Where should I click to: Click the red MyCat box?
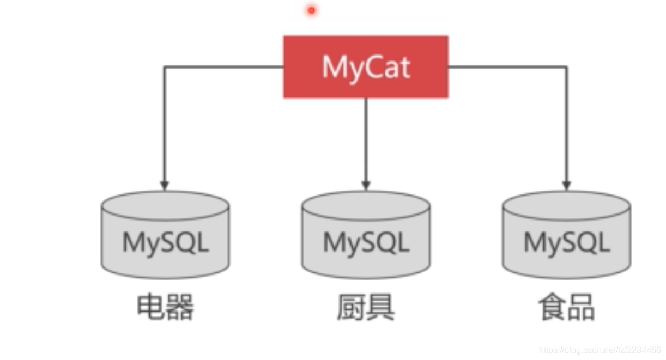366,67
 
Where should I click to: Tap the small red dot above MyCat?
312,10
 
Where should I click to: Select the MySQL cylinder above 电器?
165,234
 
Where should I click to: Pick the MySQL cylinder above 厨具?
366,234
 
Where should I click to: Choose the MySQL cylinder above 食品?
566,234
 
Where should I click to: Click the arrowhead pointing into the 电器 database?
165,185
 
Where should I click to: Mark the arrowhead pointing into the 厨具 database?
366,185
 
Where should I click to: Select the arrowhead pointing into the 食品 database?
566,185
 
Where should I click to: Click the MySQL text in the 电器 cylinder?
165,243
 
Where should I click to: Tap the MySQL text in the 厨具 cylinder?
366,243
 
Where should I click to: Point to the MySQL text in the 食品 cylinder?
566,243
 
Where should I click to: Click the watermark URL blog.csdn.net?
600,350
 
